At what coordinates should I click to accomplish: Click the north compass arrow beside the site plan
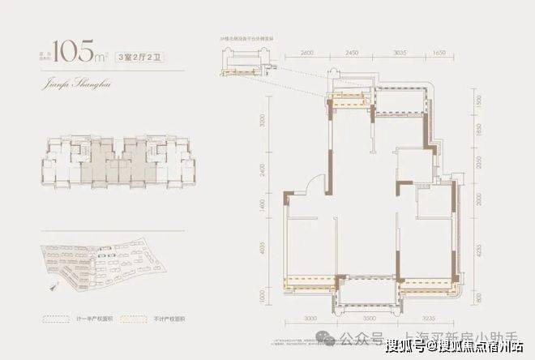tap(54, 285)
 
